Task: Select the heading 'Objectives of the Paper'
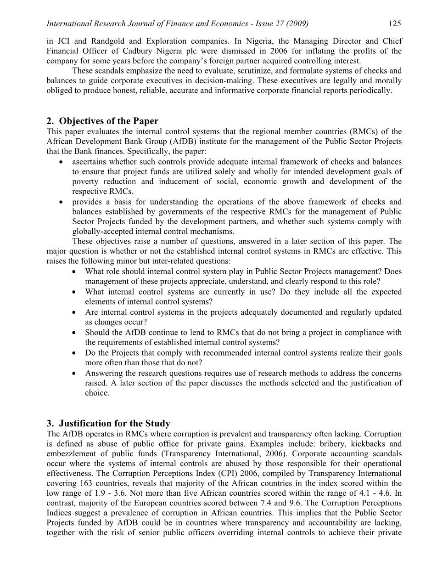pos(109,121)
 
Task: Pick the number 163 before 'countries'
pos(82,483)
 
